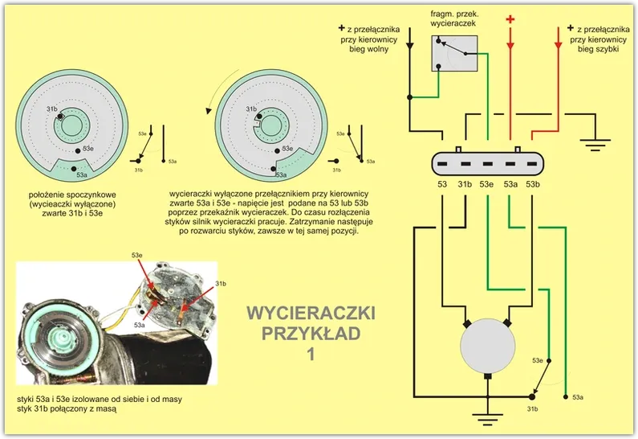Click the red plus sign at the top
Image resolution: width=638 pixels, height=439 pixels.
click(x=510, y=18)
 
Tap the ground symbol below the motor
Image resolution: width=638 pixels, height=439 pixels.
click(x=487, y=416)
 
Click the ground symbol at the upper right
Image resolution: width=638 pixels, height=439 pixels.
click(x=594, y=145)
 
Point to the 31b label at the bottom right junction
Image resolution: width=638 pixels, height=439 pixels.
click(x=532, y=408)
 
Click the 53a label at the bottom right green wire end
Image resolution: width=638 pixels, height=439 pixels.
click(x=577, y=397)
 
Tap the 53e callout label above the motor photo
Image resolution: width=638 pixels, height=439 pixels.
click(x=138, y=255)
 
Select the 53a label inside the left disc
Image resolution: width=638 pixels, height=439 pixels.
click(x=81, y=174)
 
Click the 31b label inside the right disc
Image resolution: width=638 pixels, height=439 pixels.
click(x=250, y=109)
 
